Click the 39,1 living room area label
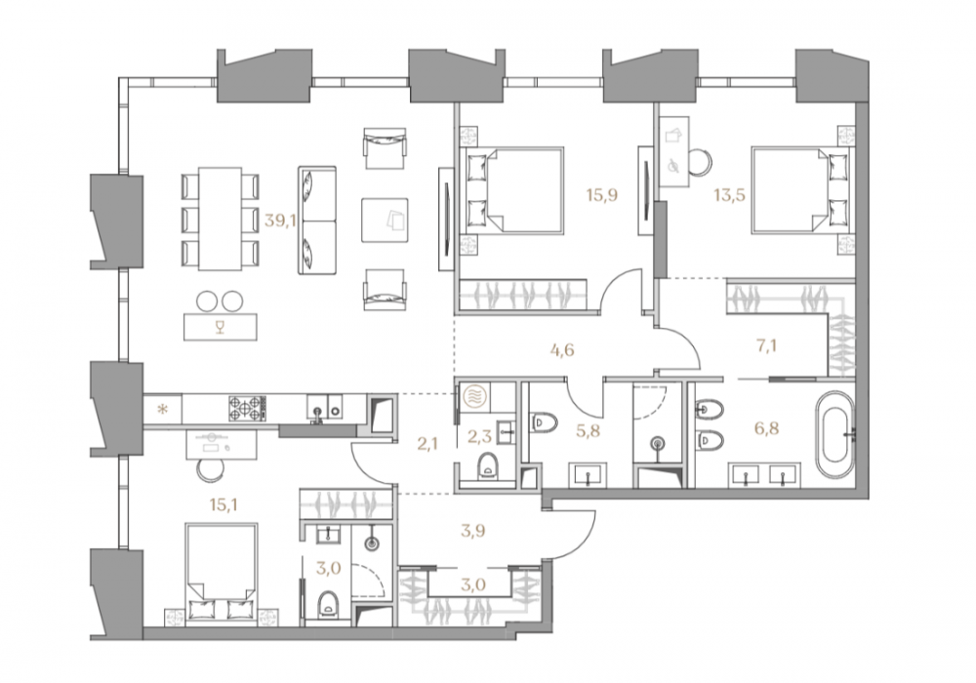279,221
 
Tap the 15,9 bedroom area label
601,195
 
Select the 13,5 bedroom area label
729,195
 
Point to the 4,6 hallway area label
562,350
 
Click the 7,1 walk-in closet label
766,345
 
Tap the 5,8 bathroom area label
588,430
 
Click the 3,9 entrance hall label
473,531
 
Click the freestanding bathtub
836,434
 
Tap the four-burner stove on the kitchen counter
247,409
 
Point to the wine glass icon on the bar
219,327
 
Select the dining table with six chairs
220,219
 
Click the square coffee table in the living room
385,221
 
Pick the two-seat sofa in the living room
317,221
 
